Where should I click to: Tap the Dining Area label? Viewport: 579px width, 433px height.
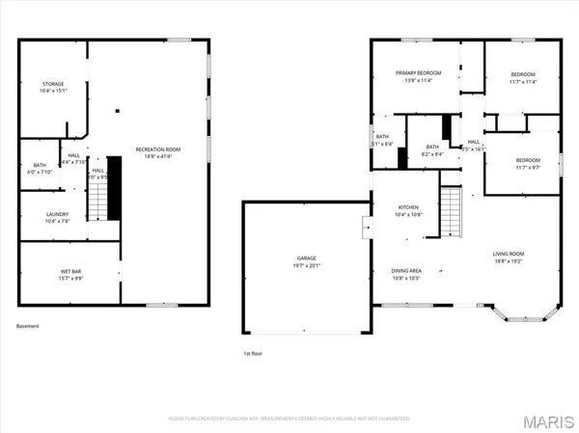click(406, 273)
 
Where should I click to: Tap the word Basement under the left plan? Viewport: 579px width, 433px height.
click(28, 326)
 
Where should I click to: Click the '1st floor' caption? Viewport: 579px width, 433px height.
click(253, 354)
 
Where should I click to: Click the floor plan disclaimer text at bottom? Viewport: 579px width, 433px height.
click(289, 419)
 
